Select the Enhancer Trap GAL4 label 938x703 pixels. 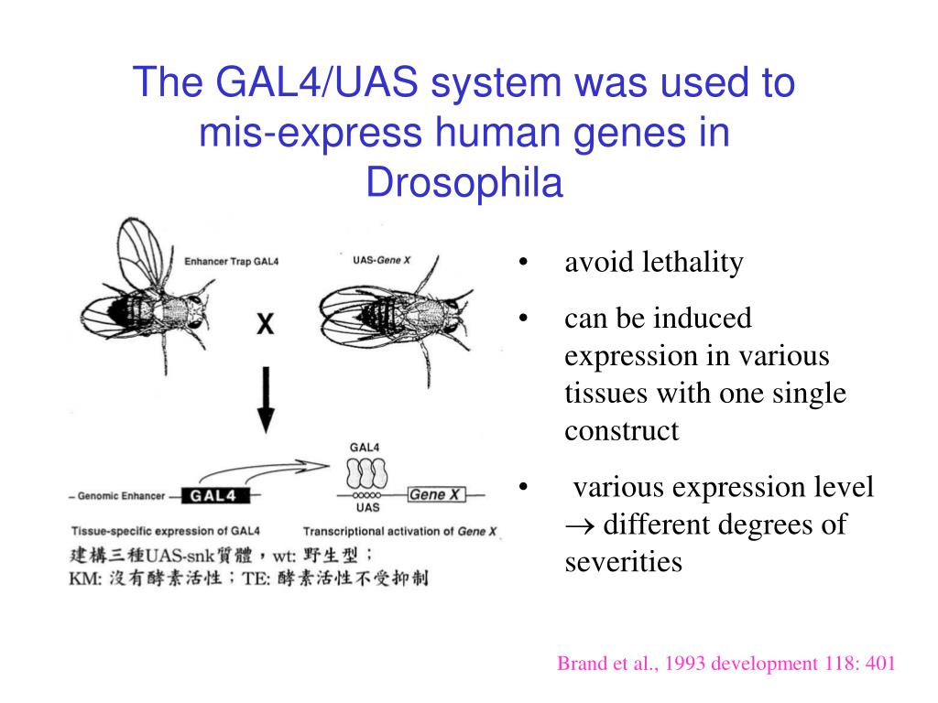[232, 262]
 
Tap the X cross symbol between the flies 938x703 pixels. [266, 324]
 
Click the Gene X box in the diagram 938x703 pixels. [436, 495]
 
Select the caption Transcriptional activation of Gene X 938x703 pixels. [400, 531]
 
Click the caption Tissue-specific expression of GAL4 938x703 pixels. [166, 531]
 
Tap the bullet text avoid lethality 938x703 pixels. [653, 264]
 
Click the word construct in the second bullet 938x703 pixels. [621, 430]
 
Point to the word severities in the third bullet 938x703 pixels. [623, 561]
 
